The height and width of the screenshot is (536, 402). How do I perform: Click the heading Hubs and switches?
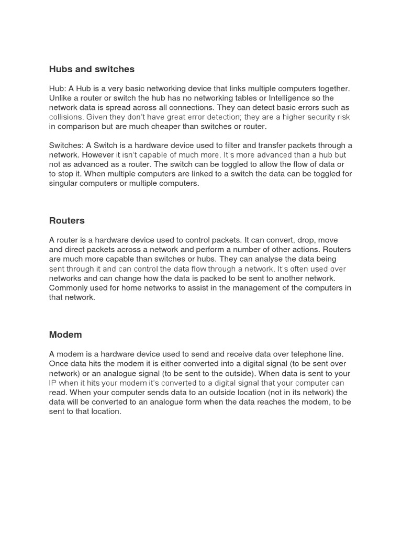coord(92,69)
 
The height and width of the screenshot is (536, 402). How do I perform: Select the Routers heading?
coord(66,220)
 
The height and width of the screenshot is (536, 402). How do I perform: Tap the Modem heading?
coord(65,334)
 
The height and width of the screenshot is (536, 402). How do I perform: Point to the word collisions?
coord(66,117)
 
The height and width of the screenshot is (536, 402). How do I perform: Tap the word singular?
coord(65,184)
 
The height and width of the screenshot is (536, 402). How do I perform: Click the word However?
coord(96,155)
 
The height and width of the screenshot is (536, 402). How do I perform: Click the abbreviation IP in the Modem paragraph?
coord(53,383)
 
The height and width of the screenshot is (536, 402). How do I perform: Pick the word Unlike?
coord(60,98)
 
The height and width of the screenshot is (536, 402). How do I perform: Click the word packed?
coord(206,278)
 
